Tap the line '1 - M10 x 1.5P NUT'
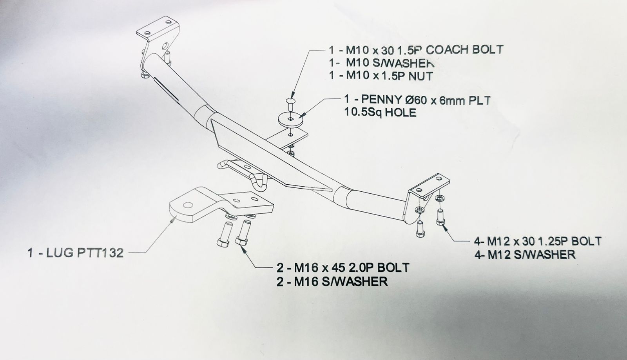[x=381, y=76]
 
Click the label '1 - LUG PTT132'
[x=76, y=253]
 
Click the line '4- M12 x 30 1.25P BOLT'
[x=537, y=241]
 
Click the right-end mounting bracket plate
[x=429, y=187]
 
